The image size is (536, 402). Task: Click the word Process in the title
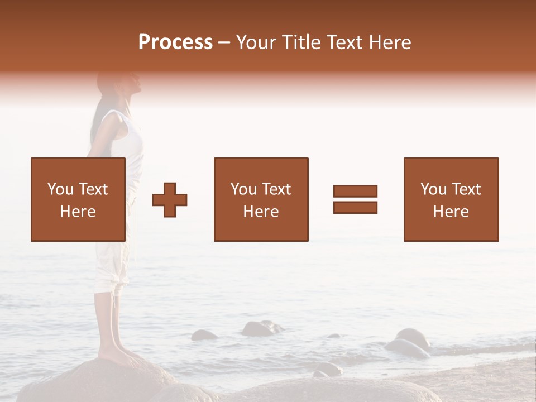click(175, 42)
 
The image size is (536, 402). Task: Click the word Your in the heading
click(255, 42)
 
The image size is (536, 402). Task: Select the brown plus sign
click(170, 200)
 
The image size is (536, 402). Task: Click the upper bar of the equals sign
click(355, 191)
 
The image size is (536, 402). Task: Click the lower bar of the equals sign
click(355, 208)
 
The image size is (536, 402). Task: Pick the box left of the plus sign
click(78, 199)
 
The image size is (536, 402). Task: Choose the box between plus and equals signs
click(261, 199)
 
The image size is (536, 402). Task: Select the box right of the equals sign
click(451, 199)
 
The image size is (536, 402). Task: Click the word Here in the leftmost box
click(78, 212)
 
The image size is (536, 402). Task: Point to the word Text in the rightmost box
click(465, 189)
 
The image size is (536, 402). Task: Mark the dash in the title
click(224, 43)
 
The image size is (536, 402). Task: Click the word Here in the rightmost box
click(451, 212)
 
